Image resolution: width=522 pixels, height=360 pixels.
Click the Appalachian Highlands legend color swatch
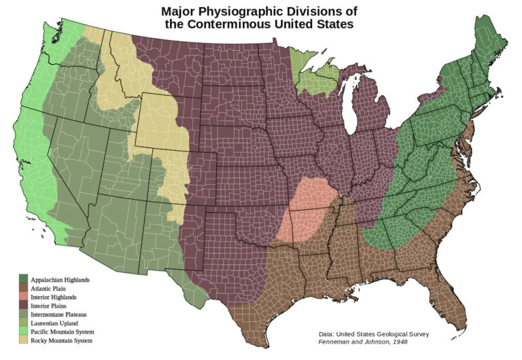pos(23,279)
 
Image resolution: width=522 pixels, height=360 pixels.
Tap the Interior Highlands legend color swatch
pos(23,297)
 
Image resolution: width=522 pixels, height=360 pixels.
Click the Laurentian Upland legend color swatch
pos(23,323)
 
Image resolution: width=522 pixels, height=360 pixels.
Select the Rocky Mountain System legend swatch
pos(23,340)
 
